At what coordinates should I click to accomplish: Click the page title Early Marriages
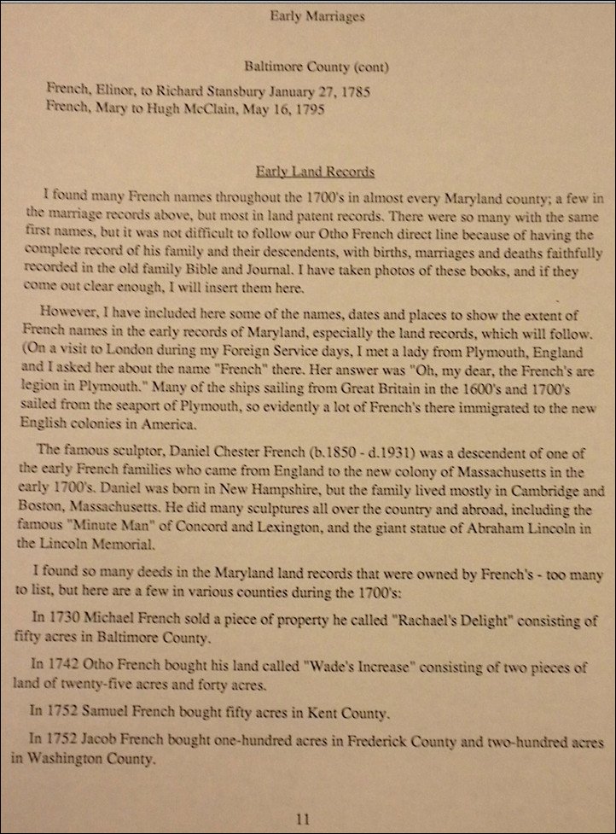(x=306, y=15)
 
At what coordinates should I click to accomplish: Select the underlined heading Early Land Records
(x=315, y=172)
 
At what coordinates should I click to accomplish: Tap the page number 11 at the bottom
(x=302, y=819)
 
